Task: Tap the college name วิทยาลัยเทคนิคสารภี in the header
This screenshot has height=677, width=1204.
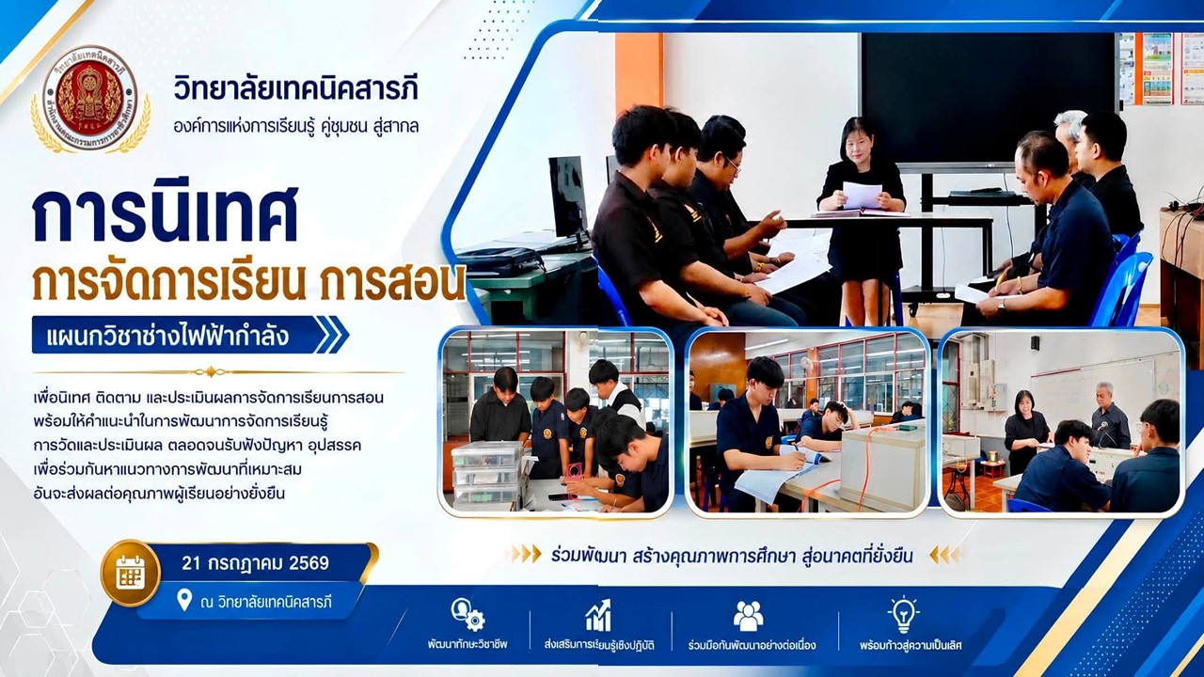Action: (x=295, y=89)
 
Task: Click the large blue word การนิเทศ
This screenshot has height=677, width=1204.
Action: (x=165, y=215)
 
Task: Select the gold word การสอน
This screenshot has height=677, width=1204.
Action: (x=390, y=286)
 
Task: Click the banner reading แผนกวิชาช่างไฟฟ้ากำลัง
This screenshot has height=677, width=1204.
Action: (x=167, y=337)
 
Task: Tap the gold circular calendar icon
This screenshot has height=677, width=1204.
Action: (x=131, y=573)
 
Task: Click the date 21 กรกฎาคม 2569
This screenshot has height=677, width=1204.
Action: (x=255, y=563)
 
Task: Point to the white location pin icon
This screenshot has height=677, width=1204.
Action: (x=183, y=600)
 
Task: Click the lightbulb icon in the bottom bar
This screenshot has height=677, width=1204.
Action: (x=903, y=615)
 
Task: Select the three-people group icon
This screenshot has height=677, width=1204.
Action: (x=748, y=616)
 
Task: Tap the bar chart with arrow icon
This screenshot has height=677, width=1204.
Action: (x=599, y=616)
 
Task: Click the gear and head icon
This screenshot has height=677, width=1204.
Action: (x=468, y=615)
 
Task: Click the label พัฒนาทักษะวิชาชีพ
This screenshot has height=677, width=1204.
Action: (x=467, y=645)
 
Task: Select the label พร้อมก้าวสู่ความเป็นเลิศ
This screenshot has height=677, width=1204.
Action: (x=911, y=645)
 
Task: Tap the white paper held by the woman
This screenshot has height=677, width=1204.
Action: (x=862, y=195)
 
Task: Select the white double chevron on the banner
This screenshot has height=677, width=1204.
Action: (x=329, y=335)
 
